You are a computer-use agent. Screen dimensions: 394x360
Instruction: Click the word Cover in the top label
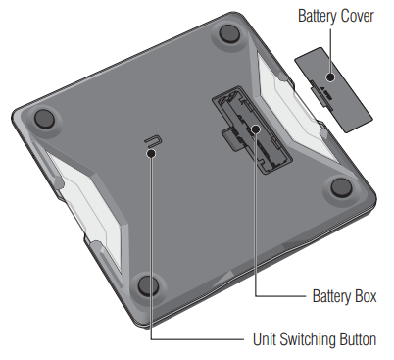357,16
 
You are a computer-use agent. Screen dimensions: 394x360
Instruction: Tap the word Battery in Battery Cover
318,16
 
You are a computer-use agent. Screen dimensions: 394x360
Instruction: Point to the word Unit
265,339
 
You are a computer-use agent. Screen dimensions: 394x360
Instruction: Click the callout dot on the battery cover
330,77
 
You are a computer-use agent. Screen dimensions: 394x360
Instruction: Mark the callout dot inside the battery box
256,129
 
